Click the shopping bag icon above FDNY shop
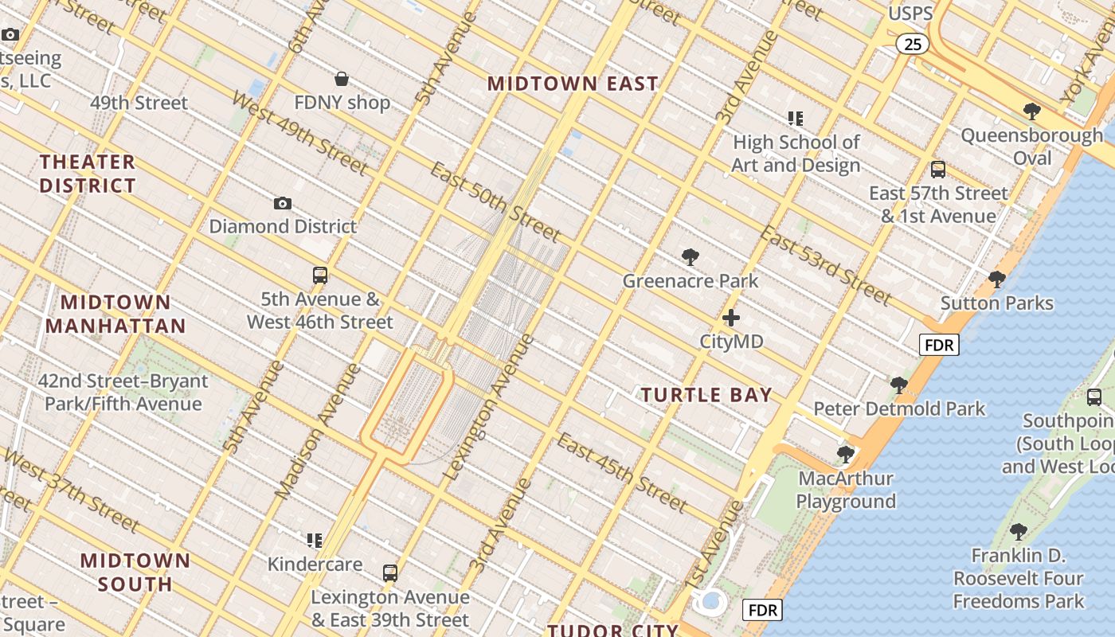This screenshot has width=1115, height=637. point(342,79)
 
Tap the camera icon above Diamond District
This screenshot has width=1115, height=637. point(282,204)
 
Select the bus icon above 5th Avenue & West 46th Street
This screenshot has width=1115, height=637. point(320,276)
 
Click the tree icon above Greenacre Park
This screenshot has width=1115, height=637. point(691,257)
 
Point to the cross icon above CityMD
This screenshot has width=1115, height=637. point(731,318)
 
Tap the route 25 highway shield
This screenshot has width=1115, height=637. point(913,44)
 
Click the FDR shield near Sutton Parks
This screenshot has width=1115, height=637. point(939,345)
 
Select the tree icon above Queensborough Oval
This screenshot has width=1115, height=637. point(1032,111)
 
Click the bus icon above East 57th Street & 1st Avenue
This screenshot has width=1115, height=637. point(938,169)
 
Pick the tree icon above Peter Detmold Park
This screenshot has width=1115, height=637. point(899,386)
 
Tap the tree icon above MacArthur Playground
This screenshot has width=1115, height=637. point(846,455)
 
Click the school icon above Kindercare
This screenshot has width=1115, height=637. point(315,541)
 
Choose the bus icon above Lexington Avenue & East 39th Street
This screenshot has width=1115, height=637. point(389,573)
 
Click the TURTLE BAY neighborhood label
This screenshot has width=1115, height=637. point(706,395)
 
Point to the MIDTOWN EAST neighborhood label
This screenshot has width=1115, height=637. point(573,84)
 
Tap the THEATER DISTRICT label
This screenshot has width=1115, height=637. point(88,174)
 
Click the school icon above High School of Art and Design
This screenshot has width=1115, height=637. point(796,119)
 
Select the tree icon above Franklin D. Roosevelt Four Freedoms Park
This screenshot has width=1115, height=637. point(1018,532)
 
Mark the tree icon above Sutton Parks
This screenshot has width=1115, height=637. point(996,279)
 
